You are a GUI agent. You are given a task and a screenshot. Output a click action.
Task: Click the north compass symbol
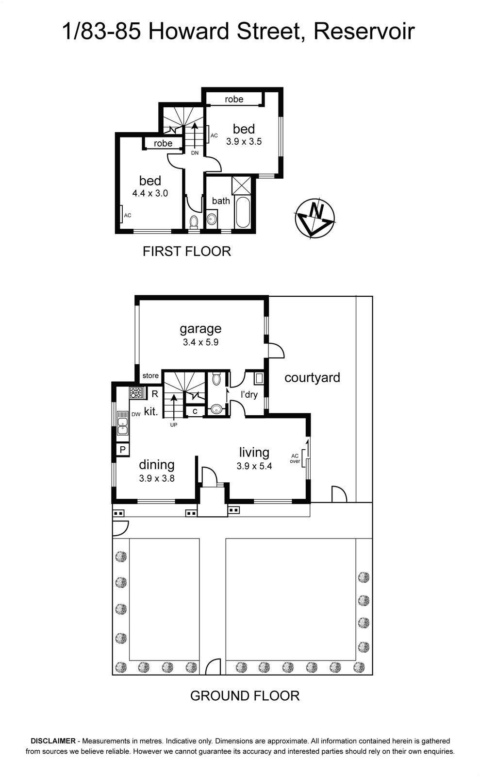(314, 218)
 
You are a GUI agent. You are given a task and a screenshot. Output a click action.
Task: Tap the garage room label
(200, 329)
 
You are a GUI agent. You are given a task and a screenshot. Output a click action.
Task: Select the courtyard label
(312, 378)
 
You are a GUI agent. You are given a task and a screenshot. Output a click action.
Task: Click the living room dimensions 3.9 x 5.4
(254, 466)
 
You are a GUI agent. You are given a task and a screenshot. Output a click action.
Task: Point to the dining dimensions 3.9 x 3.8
(157, 478)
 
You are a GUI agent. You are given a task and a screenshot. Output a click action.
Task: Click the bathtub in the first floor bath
(242, 213)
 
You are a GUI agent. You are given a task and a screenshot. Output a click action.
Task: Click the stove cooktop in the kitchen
(136, 393)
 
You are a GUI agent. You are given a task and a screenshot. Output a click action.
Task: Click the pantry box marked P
(122, 450)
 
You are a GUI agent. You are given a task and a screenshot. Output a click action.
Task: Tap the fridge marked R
(155, 394)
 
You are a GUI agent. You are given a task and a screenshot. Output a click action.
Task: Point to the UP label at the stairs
(174, 424)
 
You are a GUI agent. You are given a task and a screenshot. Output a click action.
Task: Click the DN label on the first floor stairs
(195, 152)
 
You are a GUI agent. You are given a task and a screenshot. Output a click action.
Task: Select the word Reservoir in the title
(364, 31)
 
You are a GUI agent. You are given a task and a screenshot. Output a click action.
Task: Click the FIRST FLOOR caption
(187, 251)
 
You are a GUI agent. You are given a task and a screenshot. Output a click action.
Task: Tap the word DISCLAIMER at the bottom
(53, 741)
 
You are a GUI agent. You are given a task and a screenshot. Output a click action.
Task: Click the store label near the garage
(150, 376)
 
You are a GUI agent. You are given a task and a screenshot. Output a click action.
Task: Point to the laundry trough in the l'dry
(259, 378)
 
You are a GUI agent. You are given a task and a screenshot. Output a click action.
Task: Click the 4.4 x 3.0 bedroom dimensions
(150, 193)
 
